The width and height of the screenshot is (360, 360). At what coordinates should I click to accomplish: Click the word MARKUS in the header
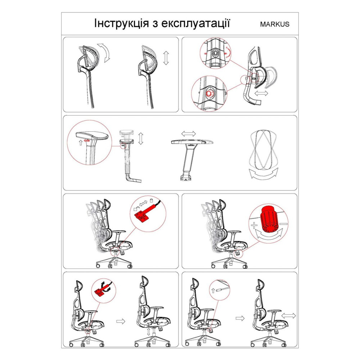tap(275, 24)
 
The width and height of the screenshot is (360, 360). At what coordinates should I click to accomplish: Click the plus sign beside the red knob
tap(254, 225)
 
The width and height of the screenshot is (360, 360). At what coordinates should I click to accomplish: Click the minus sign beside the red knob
tap(284, 224)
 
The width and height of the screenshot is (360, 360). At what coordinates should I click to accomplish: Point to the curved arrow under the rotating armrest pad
tap(264, 174)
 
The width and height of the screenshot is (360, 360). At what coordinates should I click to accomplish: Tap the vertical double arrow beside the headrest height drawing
tap(166, 58)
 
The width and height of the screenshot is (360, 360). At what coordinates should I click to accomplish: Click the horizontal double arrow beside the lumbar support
tap(261, 93)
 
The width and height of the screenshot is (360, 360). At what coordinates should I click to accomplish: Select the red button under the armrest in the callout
tap(87, 140)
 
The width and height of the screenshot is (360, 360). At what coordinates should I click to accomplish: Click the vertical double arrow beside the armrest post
tap(141, 139)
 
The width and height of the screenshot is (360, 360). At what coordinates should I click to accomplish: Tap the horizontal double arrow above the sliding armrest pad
tap(189, 134)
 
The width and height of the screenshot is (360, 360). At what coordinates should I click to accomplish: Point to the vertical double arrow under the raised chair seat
tap(149, 332)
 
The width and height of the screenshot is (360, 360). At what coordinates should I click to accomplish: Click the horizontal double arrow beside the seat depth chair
tap(289, 316)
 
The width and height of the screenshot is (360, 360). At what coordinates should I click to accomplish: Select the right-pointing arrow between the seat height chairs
tap(121, 321)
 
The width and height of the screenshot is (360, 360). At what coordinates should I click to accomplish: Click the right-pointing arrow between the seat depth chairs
tap(240, 318)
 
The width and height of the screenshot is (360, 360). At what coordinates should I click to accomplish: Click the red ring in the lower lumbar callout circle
tap(209, 94)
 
